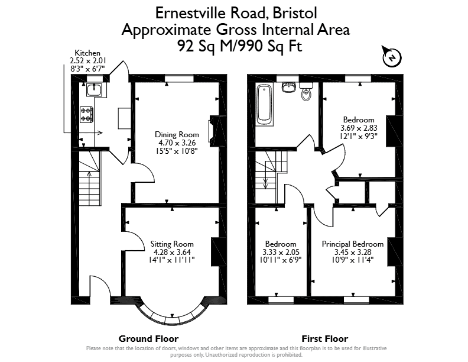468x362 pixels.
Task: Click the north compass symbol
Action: click(x=392, y=57)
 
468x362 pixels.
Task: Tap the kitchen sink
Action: click(x=95, y=89)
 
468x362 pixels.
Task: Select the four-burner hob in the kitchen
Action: click(x=86, y=115)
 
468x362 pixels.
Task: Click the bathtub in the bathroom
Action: click(x=265, y=105)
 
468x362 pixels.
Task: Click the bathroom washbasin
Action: click(x=288, y=86)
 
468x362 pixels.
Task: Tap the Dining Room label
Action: click(x=177, y=134)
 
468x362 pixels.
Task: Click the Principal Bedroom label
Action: click(x=353, y=244)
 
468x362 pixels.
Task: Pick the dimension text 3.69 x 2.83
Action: click(x=359, y=128)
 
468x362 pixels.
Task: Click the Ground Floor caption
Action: click(x=149, y=339)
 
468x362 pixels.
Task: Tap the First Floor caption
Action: click(x=325, y=339)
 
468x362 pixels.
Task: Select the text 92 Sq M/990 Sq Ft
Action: click(x=240, y=46)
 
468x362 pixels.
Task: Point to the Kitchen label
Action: click(x=87, y=53)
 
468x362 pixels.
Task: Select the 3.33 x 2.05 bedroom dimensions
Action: click(x=281, y=252)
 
